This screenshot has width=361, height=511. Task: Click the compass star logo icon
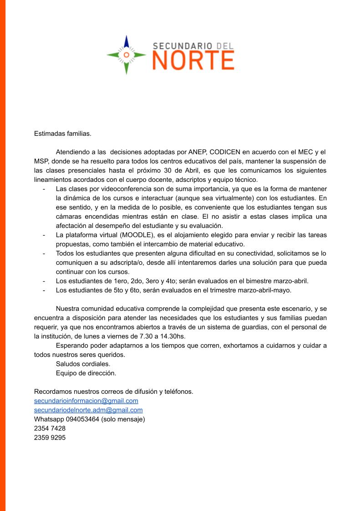tap(127, 55)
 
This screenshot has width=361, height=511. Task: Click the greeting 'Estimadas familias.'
tap(63, 134)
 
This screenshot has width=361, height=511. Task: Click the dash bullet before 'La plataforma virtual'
tap(44, 235)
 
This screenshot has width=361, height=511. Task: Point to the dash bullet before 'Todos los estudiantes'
tap(44, 253)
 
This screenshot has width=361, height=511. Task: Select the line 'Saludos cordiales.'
tap(83, 364)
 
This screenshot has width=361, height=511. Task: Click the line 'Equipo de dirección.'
tap(86, 373)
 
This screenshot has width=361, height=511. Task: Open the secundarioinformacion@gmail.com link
tap(86, 401)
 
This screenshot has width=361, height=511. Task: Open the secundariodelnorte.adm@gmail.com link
tap(88, 410)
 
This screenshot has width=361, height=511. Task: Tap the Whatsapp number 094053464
tap(82, 419)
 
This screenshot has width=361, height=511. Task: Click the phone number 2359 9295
tap(50, 438)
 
